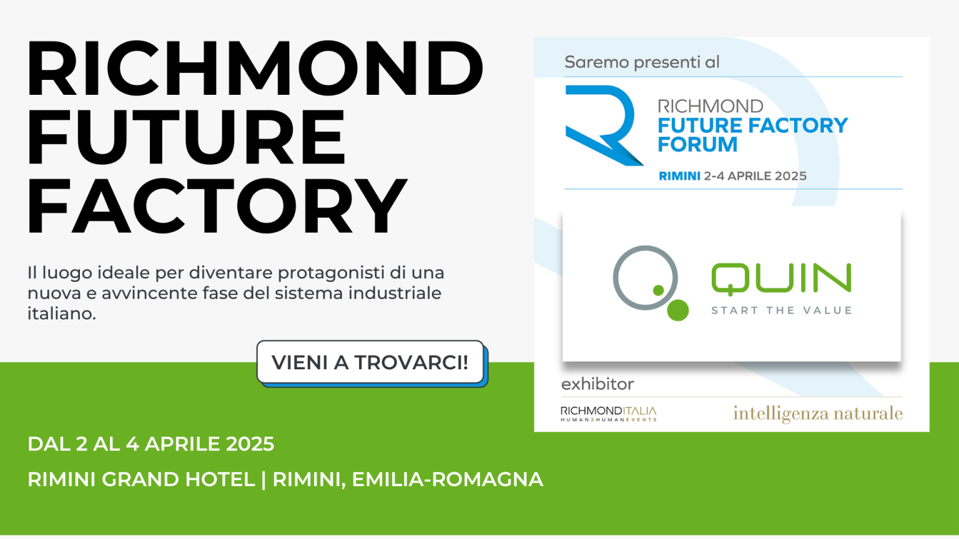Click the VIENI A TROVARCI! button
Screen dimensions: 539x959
pos(370,362)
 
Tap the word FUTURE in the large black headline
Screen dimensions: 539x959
pos(186,137)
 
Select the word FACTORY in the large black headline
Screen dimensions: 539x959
pos(217,206)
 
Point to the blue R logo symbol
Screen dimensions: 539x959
pos(601,125)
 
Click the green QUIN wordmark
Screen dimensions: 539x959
pos(781,278)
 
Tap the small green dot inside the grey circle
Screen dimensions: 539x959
pos(658,290)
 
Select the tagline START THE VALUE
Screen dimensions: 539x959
pos(781,311)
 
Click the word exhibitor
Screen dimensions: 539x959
pos(598,384)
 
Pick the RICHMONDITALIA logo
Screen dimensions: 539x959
pos(609,414)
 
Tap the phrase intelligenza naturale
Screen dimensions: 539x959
pos(818,414)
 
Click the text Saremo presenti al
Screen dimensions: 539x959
pos(642,62)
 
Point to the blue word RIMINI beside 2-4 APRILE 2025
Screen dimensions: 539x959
pos(679,177)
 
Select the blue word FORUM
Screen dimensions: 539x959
pos(697,145)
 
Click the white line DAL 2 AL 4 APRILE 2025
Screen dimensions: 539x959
pos(151,444)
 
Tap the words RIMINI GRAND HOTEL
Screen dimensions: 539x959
pos(141,480)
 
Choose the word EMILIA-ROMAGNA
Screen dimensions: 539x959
pos(447,480)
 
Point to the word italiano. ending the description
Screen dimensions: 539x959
pos(61,314)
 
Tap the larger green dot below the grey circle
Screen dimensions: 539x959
pos(678,310)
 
